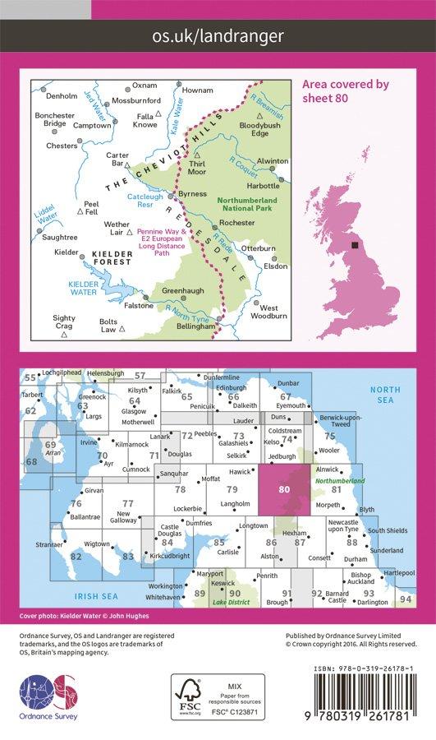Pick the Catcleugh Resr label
(145, 201)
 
